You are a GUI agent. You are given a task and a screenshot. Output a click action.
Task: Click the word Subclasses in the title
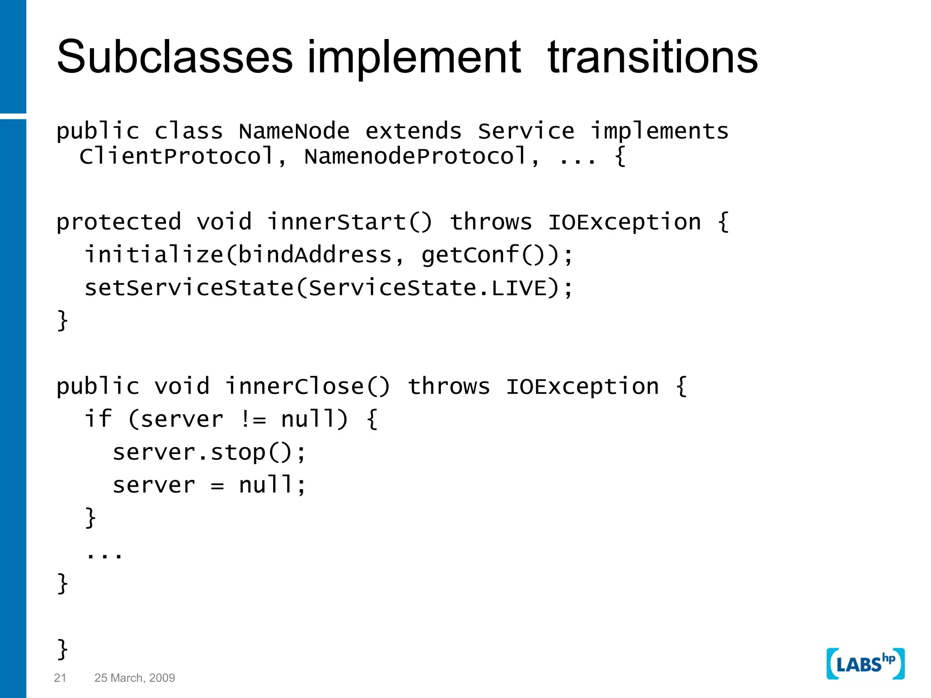[x=175, y=57]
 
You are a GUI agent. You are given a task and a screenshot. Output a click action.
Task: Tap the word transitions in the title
[x=653, y=57]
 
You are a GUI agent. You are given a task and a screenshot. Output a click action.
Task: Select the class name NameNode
[x=294, y=131]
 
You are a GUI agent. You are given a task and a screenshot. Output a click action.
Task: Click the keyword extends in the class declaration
[x=413, y=131]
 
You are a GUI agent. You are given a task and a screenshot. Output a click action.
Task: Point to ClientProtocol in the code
[x=176, y=156]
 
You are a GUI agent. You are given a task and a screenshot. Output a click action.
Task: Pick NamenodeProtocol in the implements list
[x=415, y=156]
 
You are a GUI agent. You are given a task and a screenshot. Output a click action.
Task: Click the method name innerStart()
[x=349, y=222]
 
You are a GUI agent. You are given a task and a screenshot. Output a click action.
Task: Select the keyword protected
[x=119, y=222]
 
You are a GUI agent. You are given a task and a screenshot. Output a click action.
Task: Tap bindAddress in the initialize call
[x=315, y=255]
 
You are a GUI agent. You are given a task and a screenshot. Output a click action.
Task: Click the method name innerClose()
[x=307, y=387]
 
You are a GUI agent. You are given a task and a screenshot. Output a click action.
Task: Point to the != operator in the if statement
[x=253, y=419]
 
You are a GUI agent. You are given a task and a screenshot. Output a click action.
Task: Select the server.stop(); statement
[x=209, y=453]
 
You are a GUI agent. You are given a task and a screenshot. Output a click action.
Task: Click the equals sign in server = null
[x=217, y=486]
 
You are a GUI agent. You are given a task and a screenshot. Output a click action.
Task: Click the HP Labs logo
[x=865, y=664]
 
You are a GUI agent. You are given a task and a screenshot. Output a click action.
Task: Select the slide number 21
[x=60, y=678]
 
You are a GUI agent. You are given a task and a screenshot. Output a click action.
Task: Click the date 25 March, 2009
[x=135, y=678]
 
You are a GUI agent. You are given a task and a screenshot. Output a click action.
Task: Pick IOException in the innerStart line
[x=625, y=222]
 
